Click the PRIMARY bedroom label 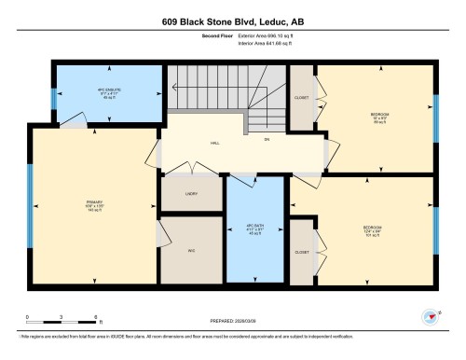click(91, 202)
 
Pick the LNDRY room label click(190, 194)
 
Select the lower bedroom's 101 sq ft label click(373, 235)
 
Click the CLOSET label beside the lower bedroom click(301, 252)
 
